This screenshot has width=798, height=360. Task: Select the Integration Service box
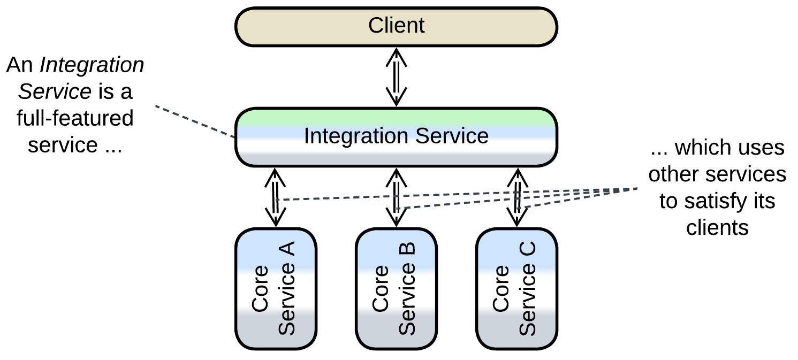click(396, 136)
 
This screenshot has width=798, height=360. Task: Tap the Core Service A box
click(276, 289)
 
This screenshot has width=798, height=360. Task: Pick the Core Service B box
click(396, 289)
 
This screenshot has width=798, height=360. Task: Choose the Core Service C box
click(516, 289)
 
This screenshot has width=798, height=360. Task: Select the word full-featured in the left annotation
click(75, 118)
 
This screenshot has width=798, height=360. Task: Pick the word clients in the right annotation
click(717, 228)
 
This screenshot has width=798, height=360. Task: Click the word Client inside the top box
click(396, 26)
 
